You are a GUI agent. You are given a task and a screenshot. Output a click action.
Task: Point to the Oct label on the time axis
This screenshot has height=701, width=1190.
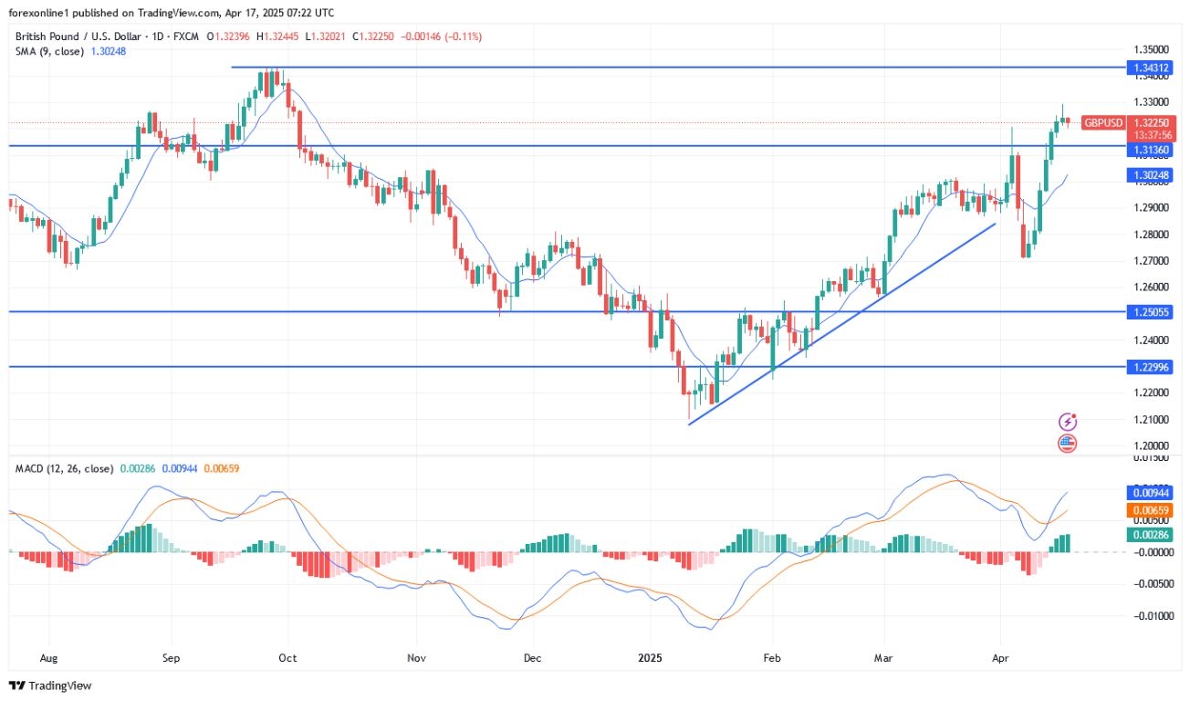(287, 657)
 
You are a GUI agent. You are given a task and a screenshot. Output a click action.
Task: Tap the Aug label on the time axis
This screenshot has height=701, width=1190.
(49, 657)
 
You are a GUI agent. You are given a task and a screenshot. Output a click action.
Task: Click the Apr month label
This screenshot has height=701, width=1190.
(999, 657)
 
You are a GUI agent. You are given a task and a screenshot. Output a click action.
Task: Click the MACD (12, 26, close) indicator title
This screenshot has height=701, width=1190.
(64, 468)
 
